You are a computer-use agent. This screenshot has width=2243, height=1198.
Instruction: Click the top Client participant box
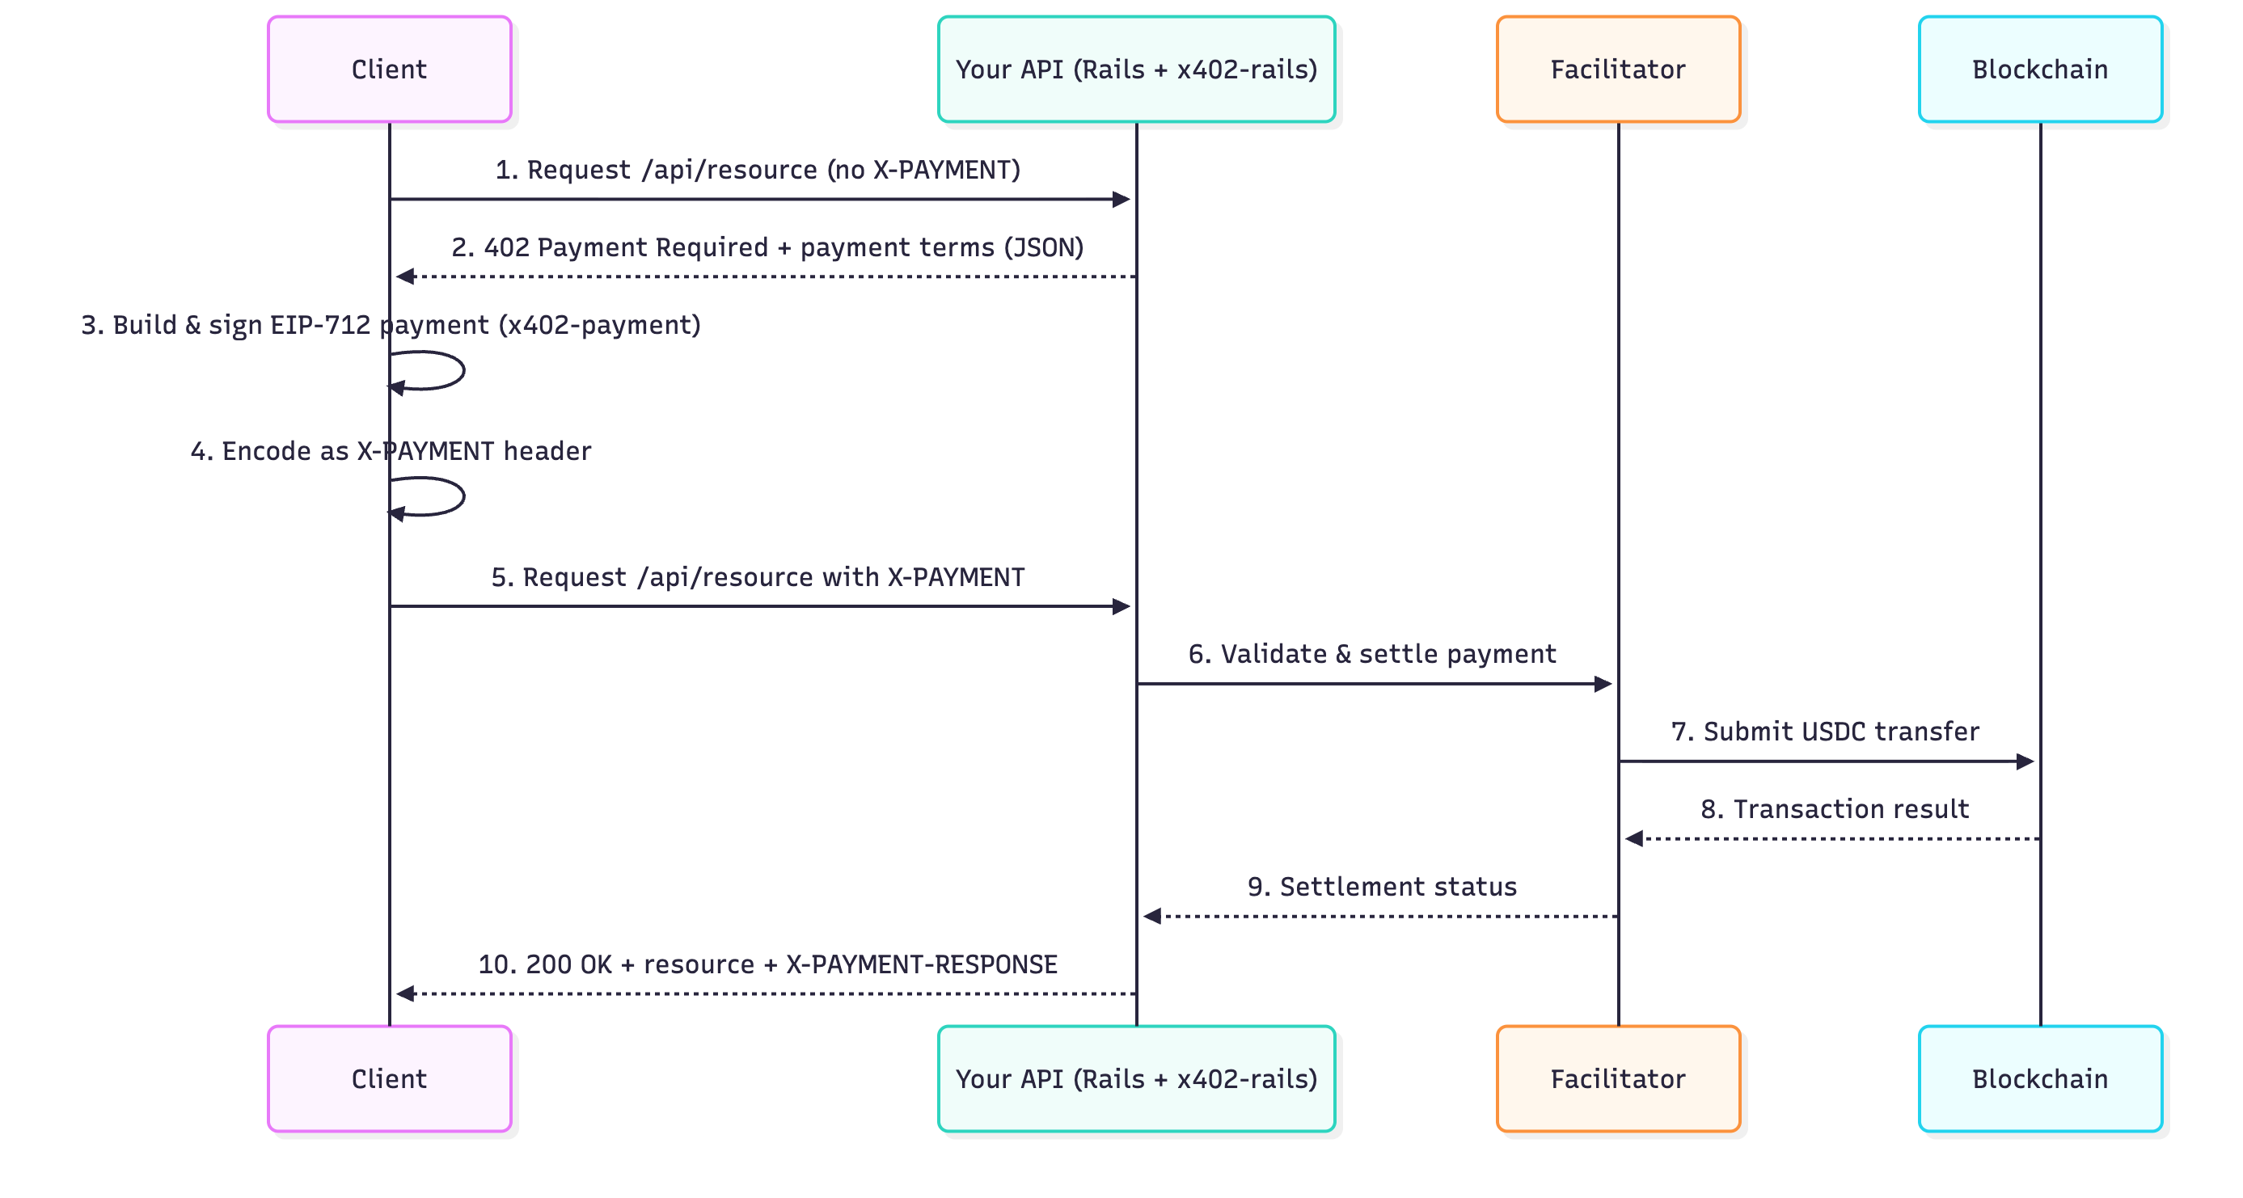pyautogui.click(x=389, y=69)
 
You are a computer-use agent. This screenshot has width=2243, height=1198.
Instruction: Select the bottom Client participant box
pyautogui.click(x=389, y=1078)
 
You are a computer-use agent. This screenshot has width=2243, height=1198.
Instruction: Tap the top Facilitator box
pyautogui.click(x=1618, y=69)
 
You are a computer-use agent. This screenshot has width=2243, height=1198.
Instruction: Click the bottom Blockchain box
pyautogui.click(x=2039, y=1078)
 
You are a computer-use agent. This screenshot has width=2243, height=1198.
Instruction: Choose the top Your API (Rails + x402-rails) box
pyautogui.click(x=1136, y=69)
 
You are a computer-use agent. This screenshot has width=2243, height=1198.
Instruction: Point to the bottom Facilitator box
pyautogui.click(x=1618, y=1078)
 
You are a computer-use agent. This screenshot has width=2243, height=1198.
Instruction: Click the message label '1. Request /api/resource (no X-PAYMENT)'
pyautogui.click(x=758, y=169)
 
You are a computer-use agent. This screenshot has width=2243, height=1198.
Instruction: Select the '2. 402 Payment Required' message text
pyautogui.click(x=767, y=247)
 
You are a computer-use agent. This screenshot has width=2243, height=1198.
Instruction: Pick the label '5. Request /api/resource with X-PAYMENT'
pyautogui.click(x=758, y=576)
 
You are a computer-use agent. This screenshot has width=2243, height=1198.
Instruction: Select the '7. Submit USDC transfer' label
pyautogui.click(x=1824, y=731)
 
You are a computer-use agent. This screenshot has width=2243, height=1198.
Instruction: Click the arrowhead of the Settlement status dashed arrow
pyautogui.click(x=1152, y=916)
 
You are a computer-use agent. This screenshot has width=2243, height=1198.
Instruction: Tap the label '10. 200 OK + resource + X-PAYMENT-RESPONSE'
pyautogui.click(x=767, y=964)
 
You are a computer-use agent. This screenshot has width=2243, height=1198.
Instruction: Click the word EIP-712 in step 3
pyautogui.click(x=320, y=325)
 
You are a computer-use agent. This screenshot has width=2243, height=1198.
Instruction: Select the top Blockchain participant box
pyautogui.click(x=2039, y=69)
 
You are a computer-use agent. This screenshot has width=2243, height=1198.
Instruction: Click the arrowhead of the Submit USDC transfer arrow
pyautogui.click(x=2025, y=761)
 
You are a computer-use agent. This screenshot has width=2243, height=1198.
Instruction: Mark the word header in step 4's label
pyautogui.click(x=547, y=450)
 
